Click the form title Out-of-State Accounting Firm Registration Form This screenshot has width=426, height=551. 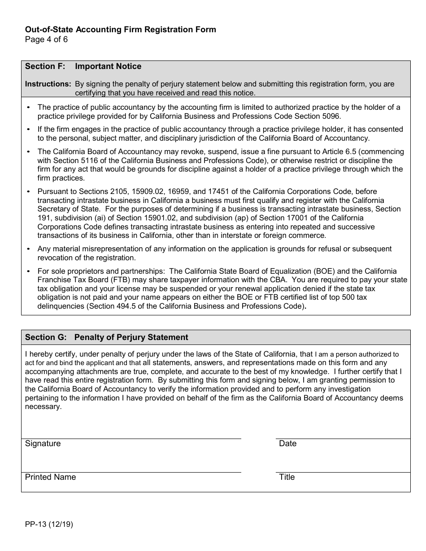[x=120, y=30]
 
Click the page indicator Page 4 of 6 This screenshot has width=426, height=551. [x=46, y=39]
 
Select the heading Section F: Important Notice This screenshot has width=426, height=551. [x=83, y=66]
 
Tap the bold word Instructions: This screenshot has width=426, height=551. [x=48, y=84]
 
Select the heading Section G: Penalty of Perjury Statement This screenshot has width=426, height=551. [x=107, y=337]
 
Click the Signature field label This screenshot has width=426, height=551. [x=43, y=443]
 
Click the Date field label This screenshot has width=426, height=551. [x=287, y=443]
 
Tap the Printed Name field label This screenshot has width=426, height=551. [x=50, y=477]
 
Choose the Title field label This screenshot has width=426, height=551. [x=287, y=477]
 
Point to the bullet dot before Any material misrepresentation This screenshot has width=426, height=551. [x=29, y=249]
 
